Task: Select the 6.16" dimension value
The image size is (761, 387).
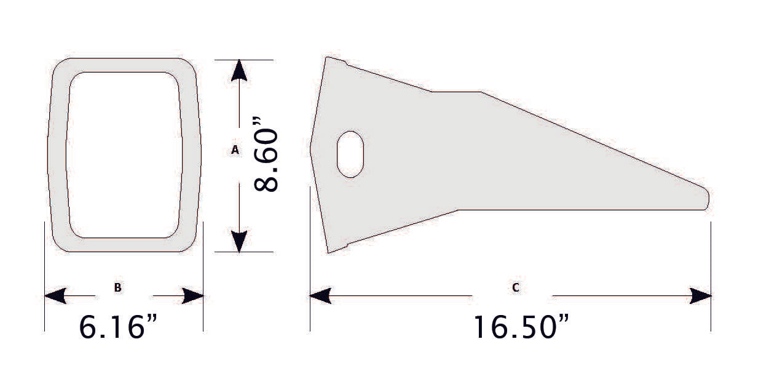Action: (120, 327)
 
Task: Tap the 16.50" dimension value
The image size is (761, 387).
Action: (520, 327)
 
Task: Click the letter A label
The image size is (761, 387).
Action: (234, 150)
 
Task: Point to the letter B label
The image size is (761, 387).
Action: (117, 287)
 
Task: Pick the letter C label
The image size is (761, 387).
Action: (515, 287)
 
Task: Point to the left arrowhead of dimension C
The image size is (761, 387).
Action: (320, 296)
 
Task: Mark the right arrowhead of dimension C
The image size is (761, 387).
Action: (701, 296)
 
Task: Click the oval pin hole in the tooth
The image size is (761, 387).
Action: (350, 154)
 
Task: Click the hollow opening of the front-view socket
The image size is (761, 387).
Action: (124, 154)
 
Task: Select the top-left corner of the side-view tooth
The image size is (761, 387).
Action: (327, 58)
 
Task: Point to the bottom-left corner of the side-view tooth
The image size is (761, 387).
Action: (328, 252)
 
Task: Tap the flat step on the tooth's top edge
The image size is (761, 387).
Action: (456, 92)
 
